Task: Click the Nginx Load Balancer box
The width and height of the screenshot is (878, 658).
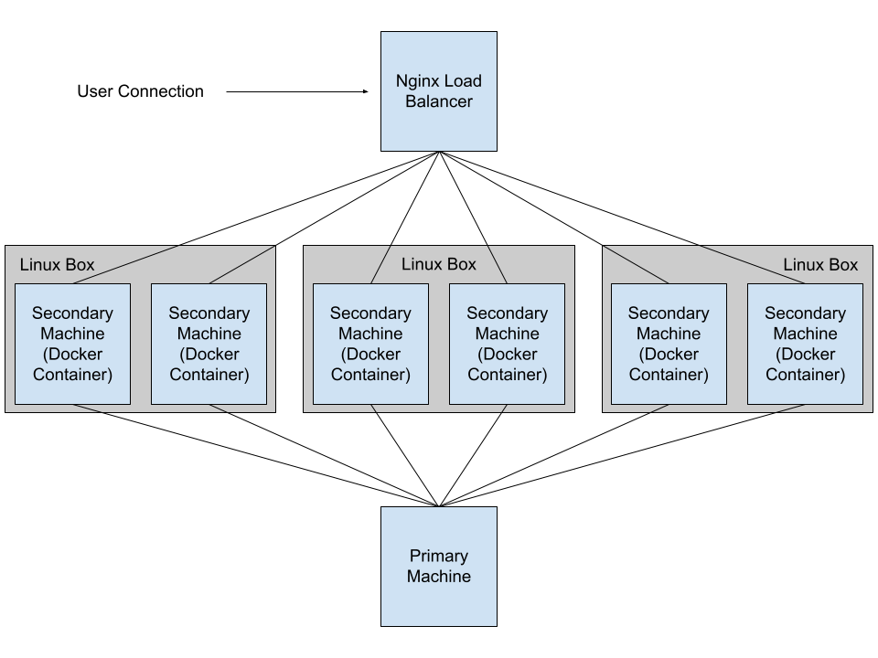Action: tap(439, 91)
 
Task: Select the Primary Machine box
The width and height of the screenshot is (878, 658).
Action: tap(439, 567)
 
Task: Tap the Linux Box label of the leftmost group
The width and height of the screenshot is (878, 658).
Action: tap(57, 265)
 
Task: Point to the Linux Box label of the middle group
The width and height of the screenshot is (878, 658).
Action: tap(439, 264)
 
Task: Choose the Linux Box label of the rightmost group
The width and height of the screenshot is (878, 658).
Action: tap(820, 265)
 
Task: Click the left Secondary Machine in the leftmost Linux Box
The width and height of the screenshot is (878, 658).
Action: tap(72, 344)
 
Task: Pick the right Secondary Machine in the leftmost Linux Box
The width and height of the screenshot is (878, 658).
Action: tap(209, 344)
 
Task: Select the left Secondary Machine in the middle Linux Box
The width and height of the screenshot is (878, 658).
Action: tap(370, 344)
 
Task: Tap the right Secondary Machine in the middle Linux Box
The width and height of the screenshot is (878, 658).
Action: tap(507, 344)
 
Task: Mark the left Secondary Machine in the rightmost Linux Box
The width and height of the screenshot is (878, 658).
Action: tap(669, 344)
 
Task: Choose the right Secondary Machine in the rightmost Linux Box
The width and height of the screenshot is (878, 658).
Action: tap(805, 344)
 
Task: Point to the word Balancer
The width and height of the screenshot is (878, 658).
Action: tap(439, 101)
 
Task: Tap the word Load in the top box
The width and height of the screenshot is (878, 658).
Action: tap(463, 80)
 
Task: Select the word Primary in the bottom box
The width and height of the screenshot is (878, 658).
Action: tap(439, 556)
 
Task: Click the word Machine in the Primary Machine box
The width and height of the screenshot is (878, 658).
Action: tap(439, 577)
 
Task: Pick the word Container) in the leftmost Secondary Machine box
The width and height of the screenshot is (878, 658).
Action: tap(72, 375)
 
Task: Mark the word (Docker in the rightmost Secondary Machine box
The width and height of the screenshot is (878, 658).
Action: tap(805, 354)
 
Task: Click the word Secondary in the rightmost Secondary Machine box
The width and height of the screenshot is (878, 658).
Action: tap(805, 313)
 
